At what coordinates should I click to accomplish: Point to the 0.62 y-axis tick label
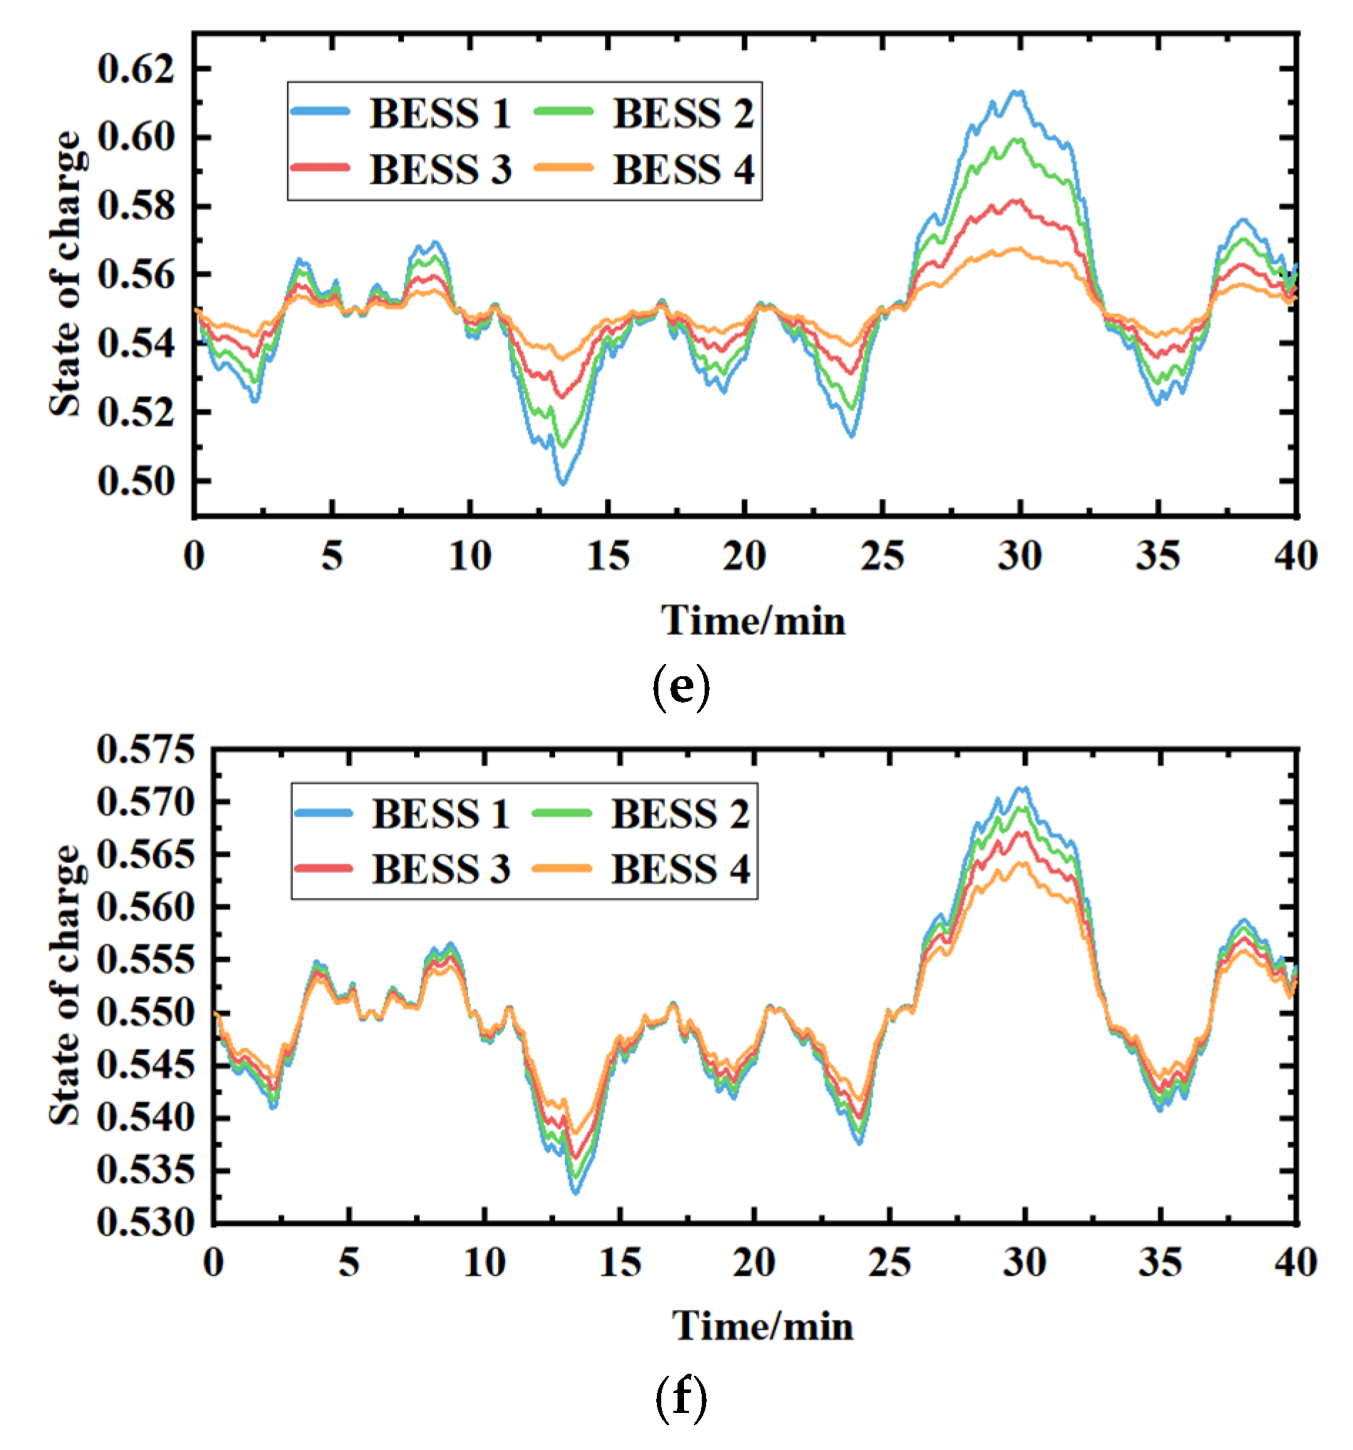(x=136, y=69)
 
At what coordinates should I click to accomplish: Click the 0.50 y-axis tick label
(x=136, y=481)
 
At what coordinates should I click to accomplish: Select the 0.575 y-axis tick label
(x=145, y=749)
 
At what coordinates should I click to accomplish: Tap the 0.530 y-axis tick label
(x=145, y=1221)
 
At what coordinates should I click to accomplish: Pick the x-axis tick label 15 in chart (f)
(x=619, y=1263)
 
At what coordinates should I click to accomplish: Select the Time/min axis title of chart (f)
(x=762, y=1325)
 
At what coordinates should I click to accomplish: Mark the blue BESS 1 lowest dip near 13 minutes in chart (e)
(x=561, y=482)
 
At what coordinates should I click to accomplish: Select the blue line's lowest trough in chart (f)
(x=575, y=1193)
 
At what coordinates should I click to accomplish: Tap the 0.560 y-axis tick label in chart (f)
(x=145, y=907)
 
